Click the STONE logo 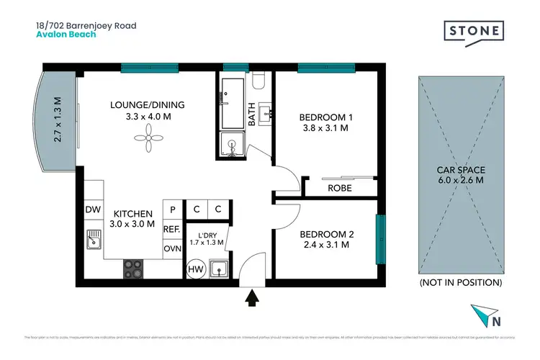coord(474,32)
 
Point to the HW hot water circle coord(194,269)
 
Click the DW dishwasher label coord(92,210)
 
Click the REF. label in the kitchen coord(171,229)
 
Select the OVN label coord(171,248)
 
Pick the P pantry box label coord(172,210)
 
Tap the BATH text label coord(251,115)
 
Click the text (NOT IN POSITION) coord(460,283)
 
